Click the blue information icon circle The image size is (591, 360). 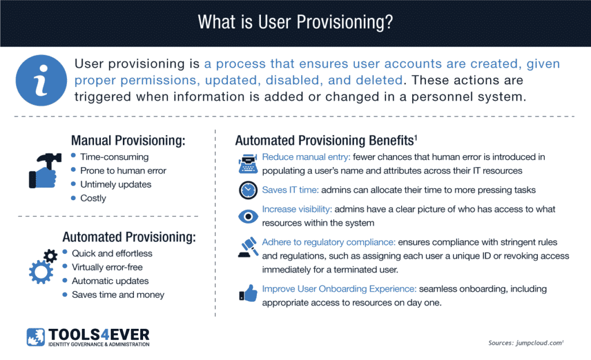(41, 80)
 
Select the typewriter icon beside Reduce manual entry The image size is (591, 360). (248, 164)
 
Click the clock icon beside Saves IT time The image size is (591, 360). (248, 190)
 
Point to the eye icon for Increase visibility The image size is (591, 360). (248, 216)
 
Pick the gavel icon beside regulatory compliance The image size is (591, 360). (248, 247)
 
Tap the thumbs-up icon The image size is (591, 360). (248, 293)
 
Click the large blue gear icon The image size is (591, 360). (41, 272)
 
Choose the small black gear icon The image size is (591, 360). (51, 256)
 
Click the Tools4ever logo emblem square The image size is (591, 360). (36, 337)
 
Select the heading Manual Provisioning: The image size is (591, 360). (128, 140)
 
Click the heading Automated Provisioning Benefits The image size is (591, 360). (324, 140)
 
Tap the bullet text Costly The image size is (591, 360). (93, 198)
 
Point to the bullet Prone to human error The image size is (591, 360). (124, 171)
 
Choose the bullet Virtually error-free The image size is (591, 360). (107, 267)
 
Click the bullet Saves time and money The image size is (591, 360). (118, 294)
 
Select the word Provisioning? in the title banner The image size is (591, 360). (345, 22)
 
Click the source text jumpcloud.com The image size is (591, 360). (540, 343)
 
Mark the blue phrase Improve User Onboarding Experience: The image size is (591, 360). (339, 289)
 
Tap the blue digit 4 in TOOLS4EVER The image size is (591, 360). (104, 335)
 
